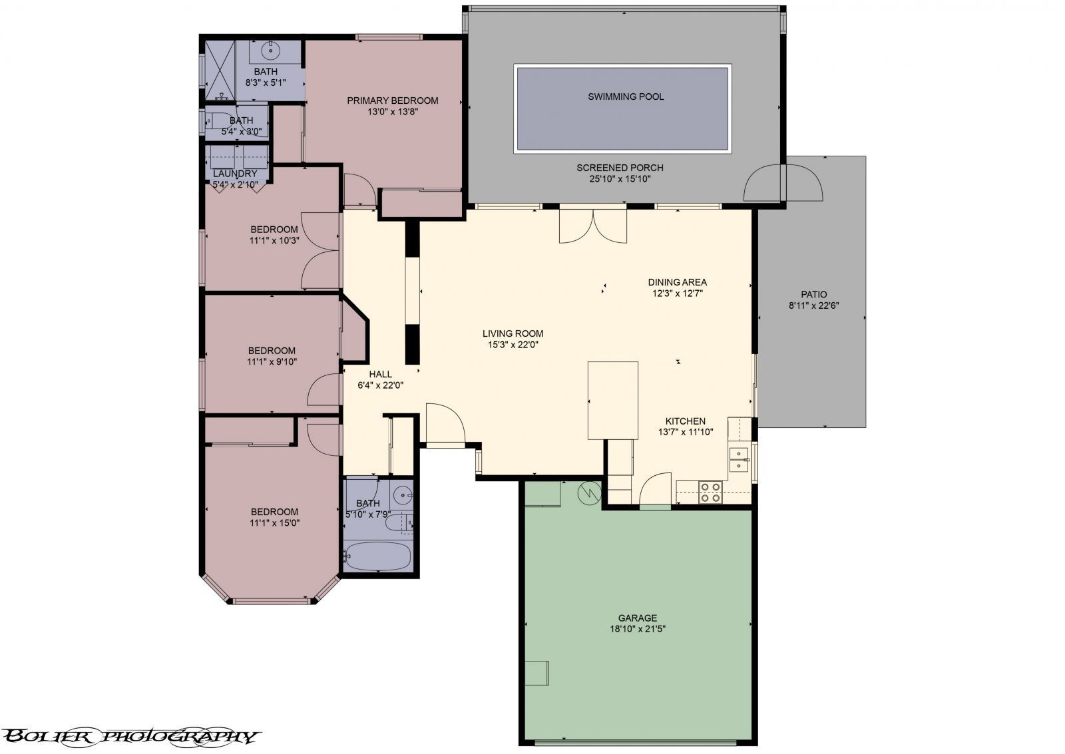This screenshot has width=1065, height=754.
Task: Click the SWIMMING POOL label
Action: coord(626,96)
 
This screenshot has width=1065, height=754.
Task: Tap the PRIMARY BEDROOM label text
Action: coord(392,100)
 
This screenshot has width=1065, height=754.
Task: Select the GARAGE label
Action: coord(638,618)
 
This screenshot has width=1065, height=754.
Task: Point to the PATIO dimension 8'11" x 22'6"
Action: coord(813,305)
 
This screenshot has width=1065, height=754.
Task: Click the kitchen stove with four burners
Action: coord(710,492)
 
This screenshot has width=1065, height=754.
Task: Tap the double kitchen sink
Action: coord(738,460)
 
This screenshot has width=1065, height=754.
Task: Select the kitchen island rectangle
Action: coord(613,401)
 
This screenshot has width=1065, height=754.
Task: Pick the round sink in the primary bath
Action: coord(271,49)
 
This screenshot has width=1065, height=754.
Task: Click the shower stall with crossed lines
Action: coord(220,71)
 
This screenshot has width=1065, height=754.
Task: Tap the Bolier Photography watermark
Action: coord(130,736)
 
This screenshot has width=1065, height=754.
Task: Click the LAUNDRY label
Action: coord(235,174)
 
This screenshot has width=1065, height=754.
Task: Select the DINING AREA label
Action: coord(677,282)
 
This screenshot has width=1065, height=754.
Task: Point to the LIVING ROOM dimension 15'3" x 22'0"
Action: coord(513,345)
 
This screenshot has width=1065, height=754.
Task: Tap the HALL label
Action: coord(380,374)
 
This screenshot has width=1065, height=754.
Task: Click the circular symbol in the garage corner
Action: coord(590,494)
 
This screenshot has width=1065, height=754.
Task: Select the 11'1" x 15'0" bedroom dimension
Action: coord(275,523)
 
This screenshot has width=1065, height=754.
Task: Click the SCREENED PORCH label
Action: coord(620,168)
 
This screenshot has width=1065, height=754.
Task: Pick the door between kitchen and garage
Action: coord(656,490)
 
